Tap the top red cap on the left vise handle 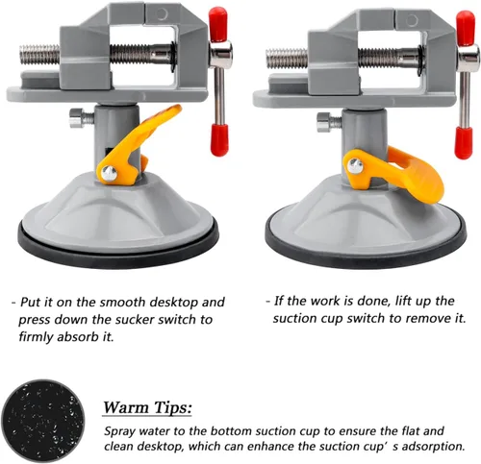[x=218, y=24]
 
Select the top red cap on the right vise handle [x=466, y=28]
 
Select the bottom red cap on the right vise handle [x=465, y=142]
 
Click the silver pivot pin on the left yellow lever [x=109, y=173]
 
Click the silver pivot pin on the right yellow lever [x=355, y=166]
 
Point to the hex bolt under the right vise [x=329, y=122]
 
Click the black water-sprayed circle [x=42, y=421]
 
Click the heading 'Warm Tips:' [x=147, y=407]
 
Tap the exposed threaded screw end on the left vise [x=39, y=55]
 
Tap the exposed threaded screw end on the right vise [x=287, y=59]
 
